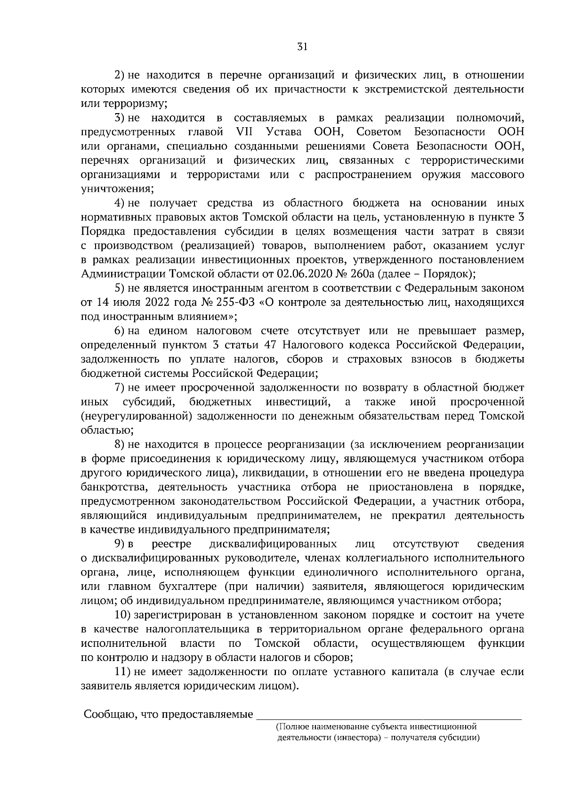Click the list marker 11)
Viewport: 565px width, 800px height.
click(123, 672)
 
